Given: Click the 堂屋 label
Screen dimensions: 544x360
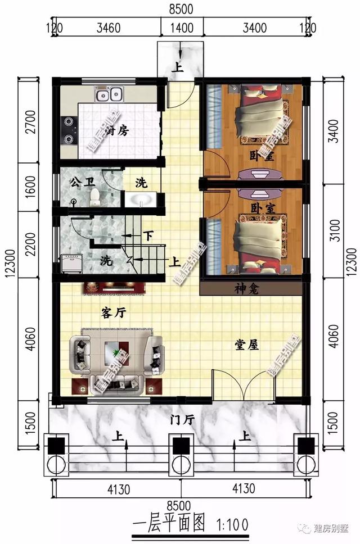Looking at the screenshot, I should (x=246, y=345).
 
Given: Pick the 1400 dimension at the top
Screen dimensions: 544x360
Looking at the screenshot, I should (x=182, y=28).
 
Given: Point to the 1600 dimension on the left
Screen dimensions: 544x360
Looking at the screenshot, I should (x=30, y=185).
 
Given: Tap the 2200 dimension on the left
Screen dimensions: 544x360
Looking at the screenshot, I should (x=30, y=244).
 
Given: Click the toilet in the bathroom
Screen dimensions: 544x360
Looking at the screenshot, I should (x=94, y=196).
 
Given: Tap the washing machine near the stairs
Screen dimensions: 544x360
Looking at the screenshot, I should (x=71, y=263).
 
